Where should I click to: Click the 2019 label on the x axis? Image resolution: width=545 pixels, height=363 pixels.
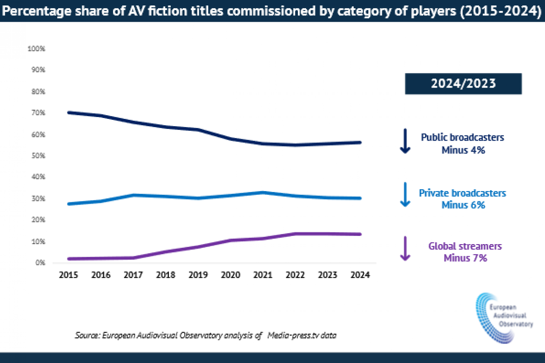(x=198, y=275)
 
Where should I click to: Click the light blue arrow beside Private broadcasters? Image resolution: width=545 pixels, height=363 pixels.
(x=405, y=195)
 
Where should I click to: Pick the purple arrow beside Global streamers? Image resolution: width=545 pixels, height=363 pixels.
(x=405, y=249)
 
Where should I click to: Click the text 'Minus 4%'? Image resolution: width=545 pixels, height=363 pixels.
(x=463, y=150)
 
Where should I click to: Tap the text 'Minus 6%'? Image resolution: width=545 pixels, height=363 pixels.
(x=463, y=205)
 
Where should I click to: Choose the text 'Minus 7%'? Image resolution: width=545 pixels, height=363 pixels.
(x=465, y=258)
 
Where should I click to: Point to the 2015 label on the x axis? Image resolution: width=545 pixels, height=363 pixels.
(x=68, y=275)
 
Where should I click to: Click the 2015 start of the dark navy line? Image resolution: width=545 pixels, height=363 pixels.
(x=68, y=113)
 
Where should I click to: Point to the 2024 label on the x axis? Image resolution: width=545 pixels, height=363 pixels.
(x=361, y=275)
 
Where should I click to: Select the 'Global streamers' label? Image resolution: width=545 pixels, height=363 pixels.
(x=465, y=247)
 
